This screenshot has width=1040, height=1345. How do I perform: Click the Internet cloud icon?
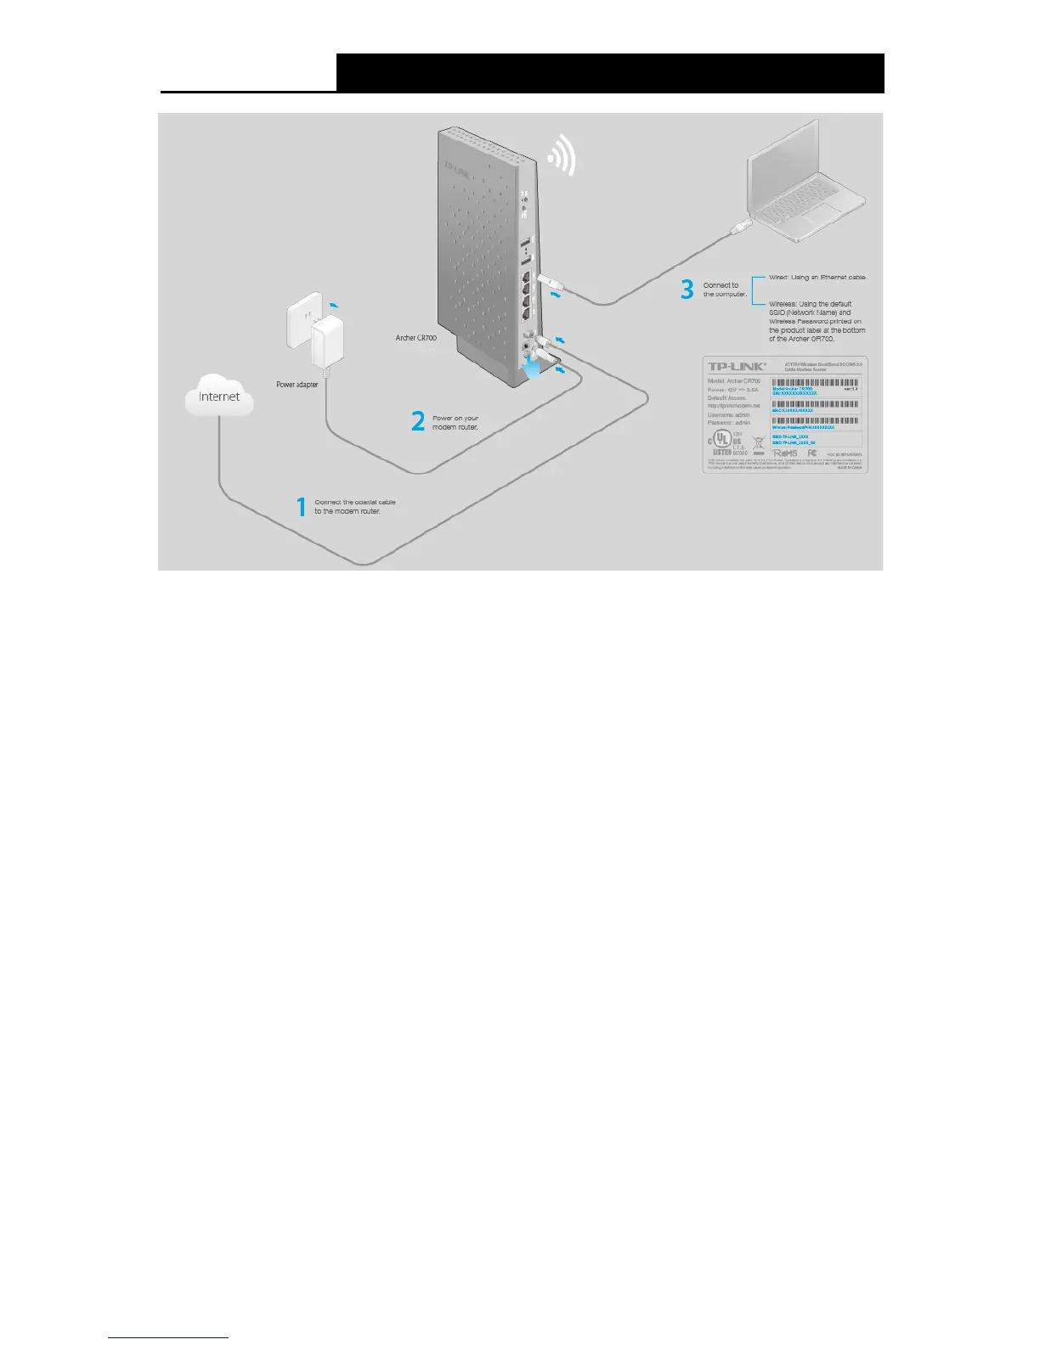point(219,396)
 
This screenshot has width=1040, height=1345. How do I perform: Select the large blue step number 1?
point(301,507)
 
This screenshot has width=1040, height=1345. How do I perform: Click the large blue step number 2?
point(418,421)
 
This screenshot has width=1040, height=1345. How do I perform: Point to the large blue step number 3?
point(687,290)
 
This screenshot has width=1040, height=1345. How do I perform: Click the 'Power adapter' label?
point(297,385)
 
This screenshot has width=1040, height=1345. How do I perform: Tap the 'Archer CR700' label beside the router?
point(416,338)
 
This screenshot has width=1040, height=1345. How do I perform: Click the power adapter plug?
point(325,344)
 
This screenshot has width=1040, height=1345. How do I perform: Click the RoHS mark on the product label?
point(785,454)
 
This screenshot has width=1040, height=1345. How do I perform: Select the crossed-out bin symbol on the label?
point(759,442)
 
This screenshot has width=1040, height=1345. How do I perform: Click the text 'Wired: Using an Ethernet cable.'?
point(817,278)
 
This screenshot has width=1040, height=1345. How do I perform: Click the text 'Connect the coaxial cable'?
point(355,502)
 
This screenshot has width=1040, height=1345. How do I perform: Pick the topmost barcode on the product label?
point(815,383)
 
